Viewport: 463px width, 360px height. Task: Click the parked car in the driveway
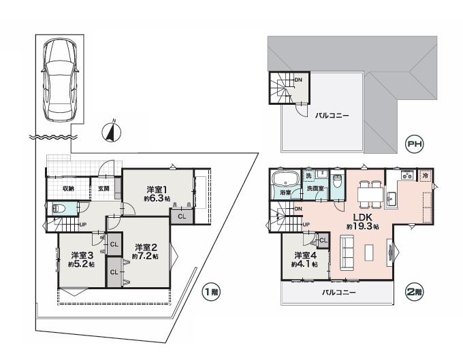60,80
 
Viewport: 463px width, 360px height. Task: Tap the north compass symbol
111,132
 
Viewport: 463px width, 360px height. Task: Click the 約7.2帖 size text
144,257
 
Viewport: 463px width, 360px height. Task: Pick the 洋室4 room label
305,255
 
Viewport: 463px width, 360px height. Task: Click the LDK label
362,218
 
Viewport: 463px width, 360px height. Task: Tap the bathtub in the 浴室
285,180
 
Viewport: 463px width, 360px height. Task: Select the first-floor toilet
59,209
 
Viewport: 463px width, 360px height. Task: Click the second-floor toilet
336,182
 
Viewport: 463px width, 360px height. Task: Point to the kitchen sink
392,199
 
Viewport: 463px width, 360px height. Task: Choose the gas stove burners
407,176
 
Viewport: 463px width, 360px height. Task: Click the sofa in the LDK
347,252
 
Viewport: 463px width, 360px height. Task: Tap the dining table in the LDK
370,194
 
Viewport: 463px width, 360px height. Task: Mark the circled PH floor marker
415,144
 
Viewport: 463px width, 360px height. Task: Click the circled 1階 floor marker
211,293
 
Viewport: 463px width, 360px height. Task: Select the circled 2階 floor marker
415,293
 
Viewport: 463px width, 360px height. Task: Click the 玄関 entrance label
103,189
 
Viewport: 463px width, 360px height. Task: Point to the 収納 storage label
68,189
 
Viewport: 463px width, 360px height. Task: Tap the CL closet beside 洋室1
182,216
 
